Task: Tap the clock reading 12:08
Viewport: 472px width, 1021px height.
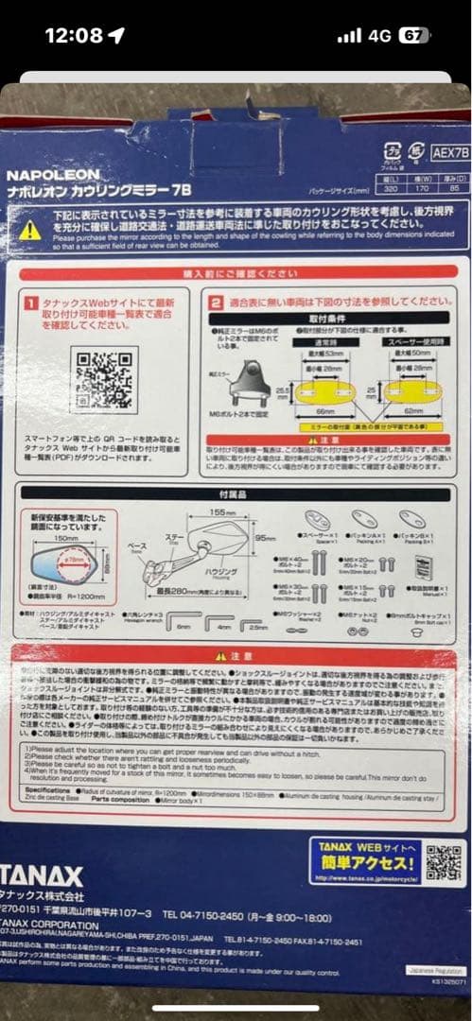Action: pos(74,36)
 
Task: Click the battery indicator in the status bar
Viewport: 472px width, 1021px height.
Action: pos(413,36)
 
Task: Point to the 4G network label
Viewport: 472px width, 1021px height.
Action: pos(380,36)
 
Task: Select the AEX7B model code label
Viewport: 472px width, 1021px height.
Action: pos(448,150)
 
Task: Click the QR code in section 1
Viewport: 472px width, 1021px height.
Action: pos(105,380)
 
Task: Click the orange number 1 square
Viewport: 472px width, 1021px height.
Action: pos(31,304)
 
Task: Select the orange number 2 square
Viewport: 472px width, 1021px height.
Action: pos(216,303)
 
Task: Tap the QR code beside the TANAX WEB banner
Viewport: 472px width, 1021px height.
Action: pos(443,861)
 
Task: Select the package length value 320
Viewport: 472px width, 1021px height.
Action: pos(392,187)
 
